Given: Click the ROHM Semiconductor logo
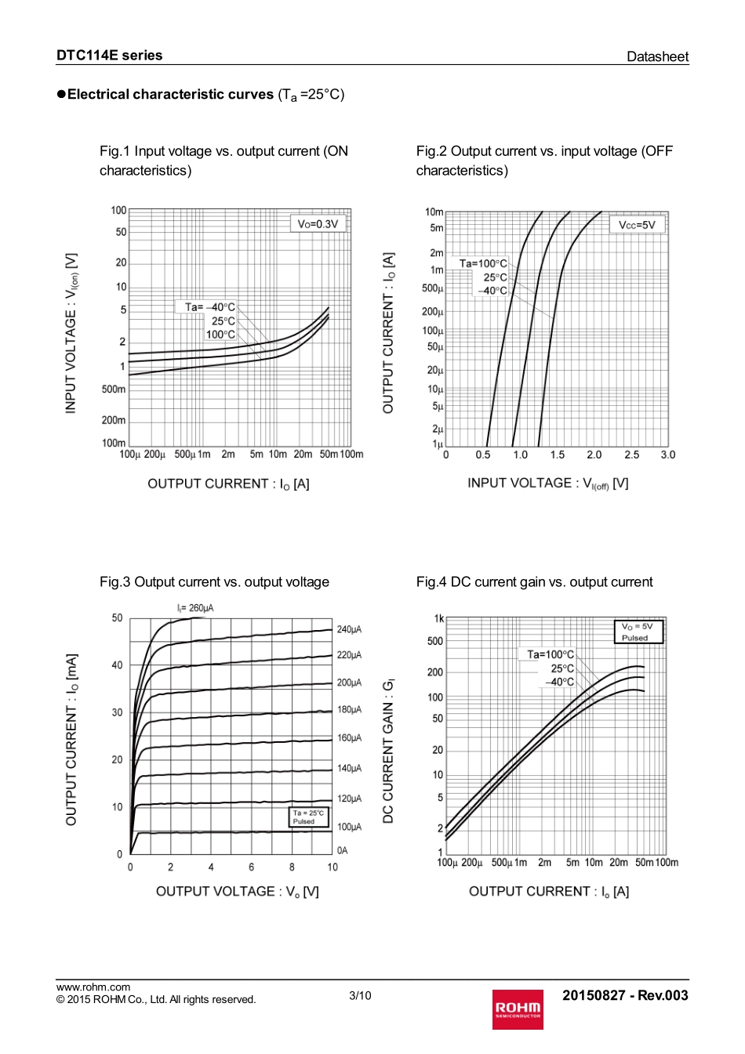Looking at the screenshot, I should (518, 1009).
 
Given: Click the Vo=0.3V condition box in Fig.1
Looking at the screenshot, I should (318, 224).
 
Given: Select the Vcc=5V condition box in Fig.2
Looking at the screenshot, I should (637, 225).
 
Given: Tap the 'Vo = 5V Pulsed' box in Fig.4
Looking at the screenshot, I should (638, 632).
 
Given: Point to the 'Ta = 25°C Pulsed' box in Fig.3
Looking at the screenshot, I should (308, 817).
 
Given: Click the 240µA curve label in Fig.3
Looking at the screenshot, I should (349, 629).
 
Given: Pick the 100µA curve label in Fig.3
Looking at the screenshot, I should (349, 827).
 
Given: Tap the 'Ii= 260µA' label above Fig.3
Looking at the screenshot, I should (195, 608).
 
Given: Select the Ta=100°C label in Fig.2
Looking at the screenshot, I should (483, 263).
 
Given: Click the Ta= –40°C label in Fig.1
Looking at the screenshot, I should (209, 307).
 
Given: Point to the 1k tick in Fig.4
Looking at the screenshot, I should (438, 619).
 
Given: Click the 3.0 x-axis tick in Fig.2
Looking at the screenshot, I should (667, 455).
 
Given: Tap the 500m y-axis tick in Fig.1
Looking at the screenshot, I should (114, 389).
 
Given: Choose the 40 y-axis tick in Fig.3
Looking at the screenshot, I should (117, 665).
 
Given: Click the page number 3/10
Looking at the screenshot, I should (360, 995).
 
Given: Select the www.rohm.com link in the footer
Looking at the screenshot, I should (93, 987).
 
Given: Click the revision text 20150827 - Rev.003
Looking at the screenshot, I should (625, 995).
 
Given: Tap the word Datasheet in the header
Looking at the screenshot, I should (657, 56).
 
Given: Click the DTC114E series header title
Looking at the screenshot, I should (109, 56).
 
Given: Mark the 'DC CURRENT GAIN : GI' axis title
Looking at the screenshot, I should (388, 751).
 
